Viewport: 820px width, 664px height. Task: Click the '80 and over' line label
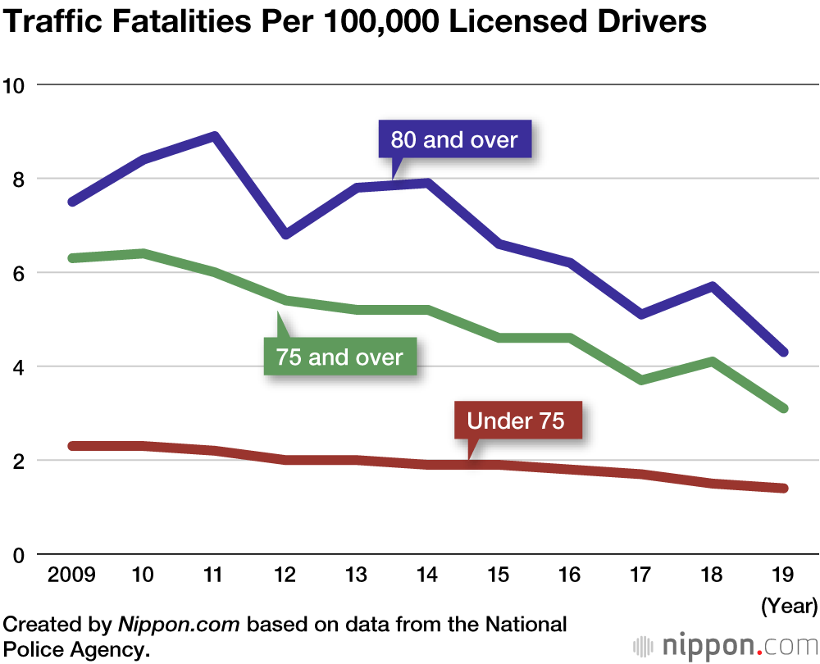[x=454, y=139]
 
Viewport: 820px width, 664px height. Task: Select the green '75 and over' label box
[x=339, y=357]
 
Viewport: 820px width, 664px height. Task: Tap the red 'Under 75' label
[x=516, y=421]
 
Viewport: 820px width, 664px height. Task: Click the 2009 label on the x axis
[x=72, y=575]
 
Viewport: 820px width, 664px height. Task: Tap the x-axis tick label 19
[x=784, y=575]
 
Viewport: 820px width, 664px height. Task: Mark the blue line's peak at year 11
[x=214, y=136]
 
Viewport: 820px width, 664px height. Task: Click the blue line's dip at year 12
[x=285, y=234]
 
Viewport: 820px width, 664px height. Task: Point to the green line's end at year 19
[x=784, y=408]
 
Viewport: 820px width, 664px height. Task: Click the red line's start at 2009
[x=72, y=446]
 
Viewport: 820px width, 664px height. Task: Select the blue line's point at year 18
[x=713, y=286]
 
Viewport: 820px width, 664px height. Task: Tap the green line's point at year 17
[x=641, y=380]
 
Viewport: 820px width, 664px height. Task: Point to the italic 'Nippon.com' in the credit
[x=180, y=625]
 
